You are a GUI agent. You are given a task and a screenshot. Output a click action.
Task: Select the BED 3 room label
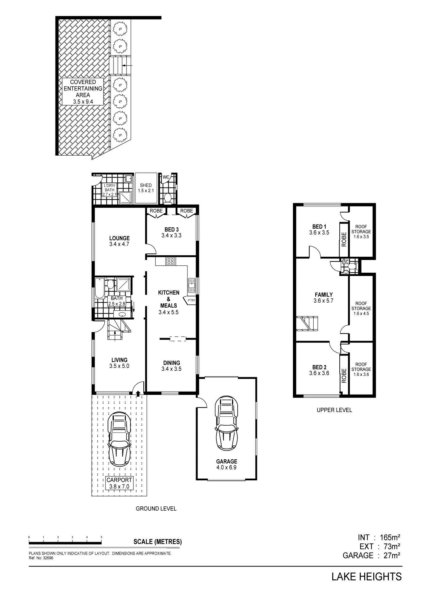point(171,232)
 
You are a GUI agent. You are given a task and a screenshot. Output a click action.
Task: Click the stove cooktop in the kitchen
point(171,261)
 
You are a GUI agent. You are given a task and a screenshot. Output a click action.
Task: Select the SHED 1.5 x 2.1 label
point(146,188)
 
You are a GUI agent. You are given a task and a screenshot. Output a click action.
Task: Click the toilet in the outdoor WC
point(167,198)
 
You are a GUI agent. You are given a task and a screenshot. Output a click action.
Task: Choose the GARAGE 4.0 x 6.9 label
point(226,464)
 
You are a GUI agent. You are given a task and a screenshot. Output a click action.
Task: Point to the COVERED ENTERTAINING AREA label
point(83,92)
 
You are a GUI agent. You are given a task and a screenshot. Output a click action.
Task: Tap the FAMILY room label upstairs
point(323,298)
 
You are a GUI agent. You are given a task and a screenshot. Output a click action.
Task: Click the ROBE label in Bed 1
point(344,240)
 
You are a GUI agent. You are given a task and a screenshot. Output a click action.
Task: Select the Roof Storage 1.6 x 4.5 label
point(361,308)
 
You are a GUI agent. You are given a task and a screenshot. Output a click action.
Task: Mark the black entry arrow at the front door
point(138,393)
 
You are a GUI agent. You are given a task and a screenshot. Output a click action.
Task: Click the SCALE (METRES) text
point(158,542)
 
